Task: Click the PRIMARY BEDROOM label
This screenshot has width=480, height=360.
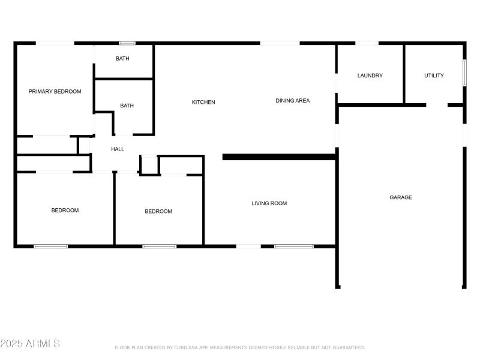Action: [55, 92]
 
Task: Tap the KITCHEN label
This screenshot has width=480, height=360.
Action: [203, 102]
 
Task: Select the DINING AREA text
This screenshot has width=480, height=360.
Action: [293, 101]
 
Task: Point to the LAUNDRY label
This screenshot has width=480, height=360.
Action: [370, 76]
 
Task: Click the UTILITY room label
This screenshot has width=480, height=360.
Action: [434, 76]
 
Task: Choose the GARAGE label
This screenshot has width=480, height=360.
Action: [401, 197]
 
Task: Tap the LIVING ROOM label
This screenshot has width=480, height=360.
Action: [269, 203]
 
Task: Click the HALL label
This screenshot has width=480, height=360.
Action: [118, 149]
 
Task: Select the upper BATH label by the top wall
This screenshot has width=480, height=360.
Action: [122, 59]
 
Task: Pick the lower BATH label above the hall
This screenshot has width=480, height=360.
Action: [127, 106]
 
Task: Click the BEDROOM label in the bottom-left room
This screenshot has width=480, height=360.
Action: [65, 211]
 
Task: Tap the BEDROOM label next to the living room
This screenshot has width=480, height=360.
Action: [158, 211]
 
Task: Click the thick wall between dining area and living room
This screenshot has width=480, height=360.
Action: [278, 157]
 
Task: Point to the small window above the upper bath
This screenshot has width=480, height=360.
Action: [127, 43]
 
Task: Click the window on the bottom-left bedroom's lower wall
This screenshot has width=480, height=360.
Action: [50, 246]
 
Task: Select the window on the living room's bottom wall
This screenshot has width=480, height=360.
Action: [294, 246]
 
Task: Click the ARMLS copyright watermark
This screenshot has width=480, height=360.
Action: [30, 344]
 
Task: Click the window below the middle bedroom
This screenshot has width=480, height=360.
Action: [159, 246]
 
